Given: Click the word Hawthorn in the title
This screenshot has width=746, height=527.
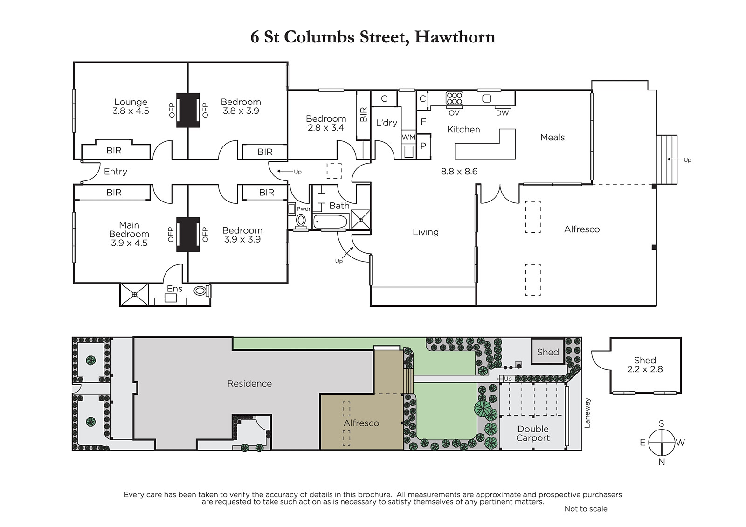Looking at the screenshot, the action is click(x=455, y=37).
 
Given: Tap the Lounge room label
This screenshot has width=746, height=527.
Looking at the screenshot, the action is click(x=131, y=102).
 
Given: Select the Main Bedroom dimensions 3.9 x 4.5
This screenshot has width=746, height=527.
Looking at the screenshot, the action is click(x=129, y=243).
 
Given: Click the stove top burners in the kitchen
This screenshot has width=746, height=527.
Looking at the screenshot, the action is click(x=454, y=98).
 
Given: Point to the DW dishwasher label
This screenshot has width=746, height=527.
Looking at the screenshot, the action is click(x=502, y=113).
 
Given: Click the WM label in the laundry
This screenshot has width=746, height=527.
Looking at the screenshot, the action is click(x=408, y=137).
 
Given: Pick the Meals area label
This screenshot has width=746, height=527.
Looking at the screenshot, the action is click(x=553, y=137).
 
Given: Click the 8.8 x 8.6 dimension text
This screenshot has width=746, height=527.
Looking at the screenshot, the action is click(x=459, y=172).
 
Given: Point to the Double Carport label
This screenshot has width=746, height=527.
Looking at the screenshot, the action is click(x=533, y=433).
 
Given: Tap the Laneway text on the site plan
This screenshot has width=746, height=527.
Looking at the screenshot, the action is click(x=587, y=413).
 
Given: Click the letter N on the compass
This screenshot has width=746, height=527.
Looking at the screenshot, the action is click(x=662, y=462).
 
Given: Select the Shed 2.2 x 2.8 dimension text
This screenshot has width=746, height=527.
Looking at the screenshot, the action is click(x=645, y=369).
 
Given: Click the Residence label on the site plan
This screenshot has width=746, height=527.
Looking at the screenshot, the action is click(x=249, y=384).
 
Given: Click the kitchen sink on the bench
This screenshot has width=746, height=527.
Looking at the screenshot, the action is click(x=487, y=98).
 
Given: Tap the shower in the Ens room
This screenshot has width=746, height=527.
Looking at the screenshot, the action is click(x=134, y=294).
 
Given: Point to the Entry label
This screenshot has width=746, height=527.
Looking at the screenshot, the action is click(x=116, y=172).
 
